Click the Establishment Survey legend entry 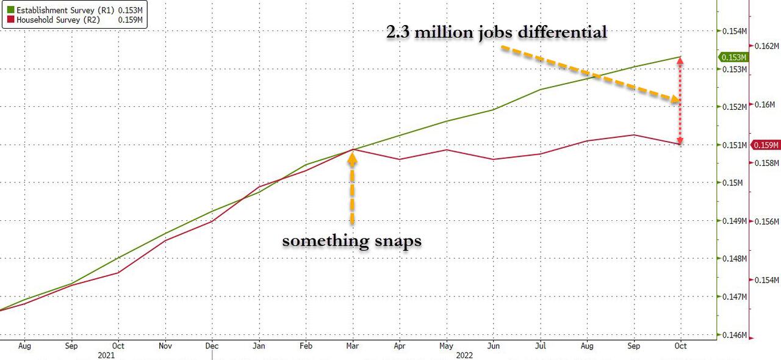[x=74, y=10]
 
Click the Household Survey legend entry [x=74, y=21]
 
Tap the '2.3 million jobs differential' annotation [x=496, y=32]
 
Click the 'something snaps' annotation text [x=351, y=240]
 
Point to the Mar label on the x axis [x=353, y=346]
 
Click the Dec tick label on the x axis [x=212, y=346]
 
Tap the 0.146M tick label [x=733, y=336]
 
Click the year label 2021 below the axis [x=106, y=354]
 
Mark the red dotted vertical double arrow [x=680, y=101]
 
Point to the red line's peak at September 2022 [x=635, y=135]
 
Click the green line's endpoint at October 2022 [x=680, y=57]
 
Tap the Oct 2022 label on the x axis [x=680, y=346]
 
